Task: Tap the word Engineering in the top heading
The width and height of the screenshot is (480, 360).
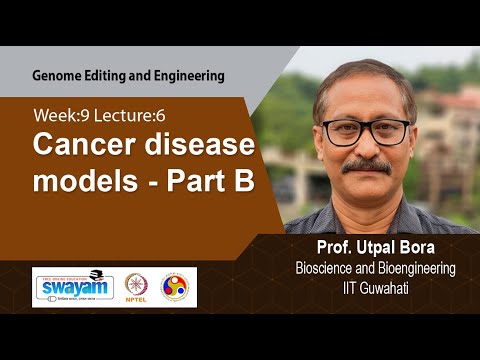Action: tap(187, 75)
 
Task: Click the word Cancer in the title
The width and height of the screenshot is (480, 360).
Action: tap(79, 146)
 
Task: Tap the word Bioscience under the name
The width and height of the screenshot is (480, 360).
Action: tap(325, 268)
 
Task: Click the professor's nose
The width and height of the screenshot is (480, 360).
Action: tap(367, 145)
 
